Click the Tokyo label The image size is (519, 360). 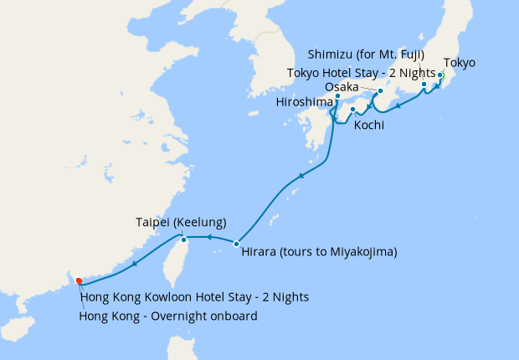(459, 63)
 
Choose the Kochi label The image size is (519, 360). (369, 126)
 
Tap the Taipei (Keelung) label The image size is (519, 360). (182, 223)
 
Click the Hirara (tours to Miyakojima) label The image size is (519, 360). (319, 252)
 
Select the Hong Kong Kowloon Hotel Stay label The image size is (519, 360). (194, 297)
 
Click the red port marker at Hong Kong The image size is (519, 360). (79, 280)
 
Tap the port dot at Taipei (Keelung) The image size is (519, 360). (184, 240)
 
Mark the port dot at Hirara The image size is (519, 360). (237, 244)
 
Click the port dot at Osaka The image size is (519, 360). (380, 90)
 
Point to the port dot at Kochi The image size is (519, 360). (352, 110)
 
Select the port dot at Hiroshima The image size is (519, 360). (337, 96)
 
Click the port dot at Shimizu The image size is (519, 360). (424, 85)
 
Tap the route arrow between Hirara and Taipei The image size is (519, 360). (208, 239)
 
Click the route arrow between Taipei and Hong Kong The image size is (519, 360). (134, 265)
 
